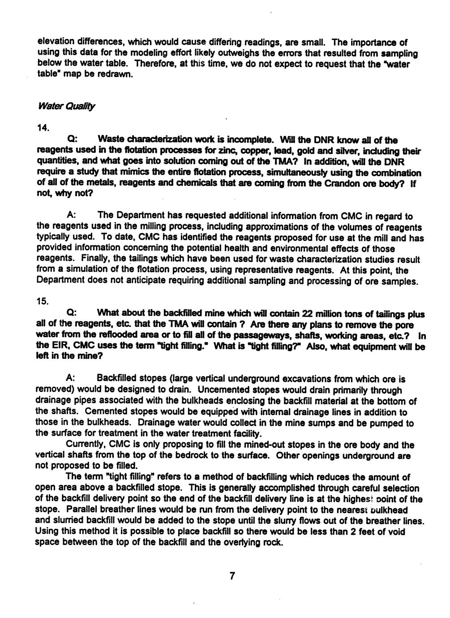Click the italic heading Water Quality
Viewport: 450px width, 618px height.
click(67, 107)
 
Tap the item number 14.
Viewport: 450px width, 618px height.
click(43, 129)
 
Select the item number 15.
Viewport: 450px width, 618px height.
click(43, 302)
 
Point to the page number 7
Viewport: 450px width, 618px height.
click(232, 576)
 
